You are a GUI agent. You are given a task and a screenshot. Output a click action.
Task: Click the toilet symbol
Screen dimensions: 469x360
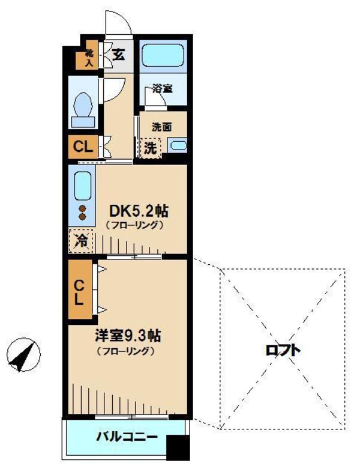click(x=83, y=106)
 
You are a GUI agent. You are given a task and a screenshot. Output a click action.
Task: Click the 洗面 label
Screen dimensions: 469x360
click(x=162, y=127)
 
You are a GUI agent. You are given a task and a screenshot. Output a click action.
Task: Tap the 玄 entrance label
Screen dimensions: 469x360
click(x=118, y=55)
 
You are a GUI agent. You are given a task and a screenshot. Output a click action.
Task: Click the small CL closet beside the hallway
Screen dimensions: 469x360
click(x=83, y=147)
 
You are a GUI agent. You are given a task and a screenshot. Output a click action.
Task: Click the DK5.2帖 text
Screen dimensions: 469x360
click(x=138, y=211)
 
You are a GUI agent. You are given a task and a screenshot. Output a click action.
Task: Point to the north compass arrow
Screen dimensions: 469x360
click(x=23, y=356)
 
